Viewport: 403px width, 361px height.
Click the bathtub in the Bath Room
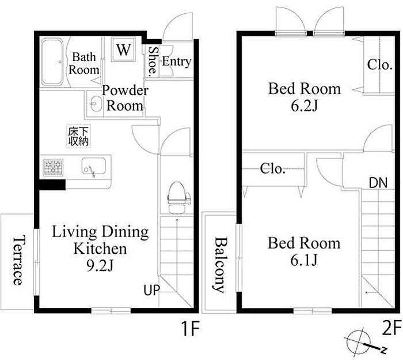(x=52, y=62)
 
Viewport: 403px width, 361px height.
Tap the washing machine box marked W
(x=123, y=49)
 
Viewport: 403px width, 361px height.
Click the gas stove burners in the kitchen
(x=53, y=168)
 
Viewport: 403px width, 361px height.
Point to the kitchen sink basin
(x=93, y=166)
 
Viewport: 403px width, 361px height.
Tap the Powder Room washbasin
(x=96, y=104)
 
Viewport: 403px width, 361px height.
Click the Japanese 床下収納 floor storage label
(x=78, y=136)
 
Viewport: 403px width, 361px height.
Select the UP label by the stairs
(x=151, y=290)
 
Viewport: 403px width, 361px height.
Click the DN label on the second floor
(x=378, y=183)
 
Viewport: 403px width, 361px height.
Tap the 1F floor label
(x=191, y=329)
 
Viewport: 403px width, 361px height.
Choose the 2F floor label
(x=391, y=328)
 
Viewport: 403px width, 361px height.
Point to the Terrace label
(x=18, y=260)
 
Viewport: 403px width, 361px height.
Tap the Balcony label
(x=220, y=265)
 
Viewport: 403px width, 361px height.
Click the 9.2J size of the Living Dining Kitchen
(x=100, y=265)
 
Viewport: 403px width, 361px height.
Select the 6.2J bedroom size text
(x=305, y=105)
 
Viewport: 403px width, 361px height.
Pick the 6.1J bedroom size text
(x=304, y=260)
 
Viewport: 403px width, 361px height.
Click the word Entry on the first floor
(x=177, y=62)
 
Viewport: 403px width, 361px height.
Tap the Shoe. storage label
(x=153, y=62)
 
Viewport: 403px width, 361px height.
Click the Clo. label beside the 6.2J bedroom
(x=379, y=65)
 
